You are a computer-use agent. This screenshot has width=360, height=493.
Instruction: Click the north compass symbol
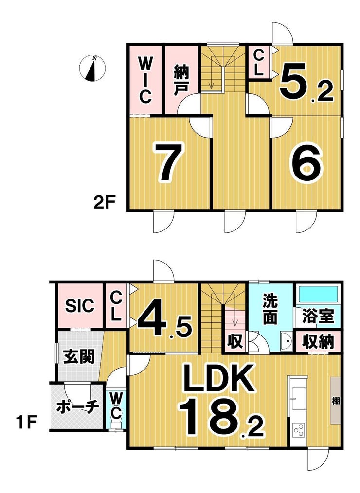tap(92, 68)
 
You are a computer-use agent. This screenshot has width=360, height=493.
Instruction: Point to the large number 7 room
tap(168, 162)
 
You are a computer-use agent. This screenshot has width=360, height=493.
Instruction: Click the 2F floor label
tap(105, 202)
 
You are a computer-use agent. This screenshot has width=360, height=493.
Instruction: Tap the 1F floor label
tap(26, 422)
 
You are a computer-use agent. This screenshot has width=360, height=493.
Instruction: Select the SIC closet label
tap(80, 305)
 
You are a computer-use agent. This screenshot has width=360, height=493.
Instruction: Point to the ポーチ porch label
tap(77, 407)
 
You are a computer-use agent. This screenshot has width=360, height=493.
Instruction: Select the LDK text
tap(219, 377)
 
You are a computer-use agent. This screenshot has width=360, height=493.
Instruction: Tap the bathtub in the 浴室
tap(318, 294)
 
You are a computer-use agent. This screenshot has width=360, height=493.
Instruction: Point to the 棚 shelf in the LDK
tap(336, 401)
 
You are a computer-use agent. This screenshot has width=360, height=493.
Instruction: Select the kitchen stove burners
tap(298, 430)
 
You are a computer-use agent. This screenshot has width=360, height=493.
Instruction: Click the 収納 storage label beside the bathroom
tap(318, 341)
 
